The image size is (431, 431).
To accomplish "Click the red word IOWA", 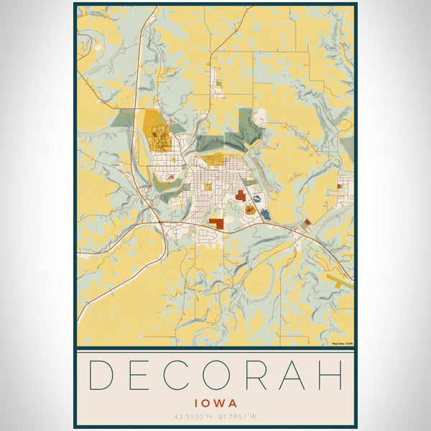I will click(215, 404).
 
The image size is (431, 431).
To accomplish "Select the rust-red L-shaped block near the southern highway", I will click(216, 223).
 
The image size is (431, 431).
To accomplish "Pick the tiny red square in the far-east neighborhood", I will click(339, 186).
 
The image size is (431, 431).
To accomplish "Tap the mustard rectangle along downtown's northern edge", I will click(213, 159).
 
